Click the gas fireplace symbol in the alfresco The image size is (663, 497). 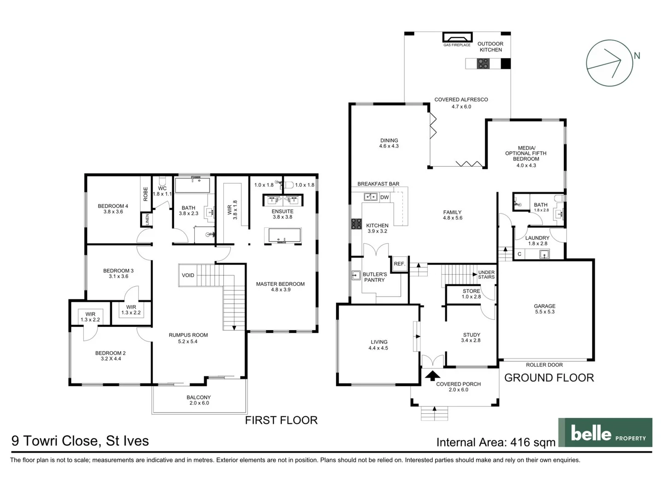457,38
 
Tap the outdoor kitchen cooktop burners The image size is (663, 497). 483,64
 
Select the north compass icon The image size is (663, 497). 610,63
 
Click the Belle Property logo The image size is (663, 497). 605,433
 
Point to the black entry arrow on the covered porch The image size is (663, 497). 432,376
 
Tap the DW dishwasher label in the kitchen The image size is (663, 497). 384,197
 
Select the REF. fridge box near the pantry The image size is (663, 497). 399,264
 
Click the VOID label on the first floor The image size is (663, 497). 188,275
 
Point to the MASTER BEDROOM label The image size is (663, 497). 280,284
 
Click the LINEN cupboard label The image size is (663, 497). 147,220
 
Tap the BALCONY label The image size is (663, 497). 198,398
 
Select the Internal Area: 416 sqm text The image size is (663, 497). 496,442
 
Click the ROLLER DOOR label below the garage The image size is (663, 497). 544,365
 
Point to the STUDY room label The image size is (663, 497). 471,335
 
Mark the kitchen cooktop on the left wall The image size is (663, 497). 356,224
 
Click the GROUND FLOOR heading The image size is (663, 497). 549,378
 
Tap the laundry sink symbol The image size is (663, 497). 544,254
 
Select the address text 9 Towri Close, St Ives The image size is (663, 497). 80,441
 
